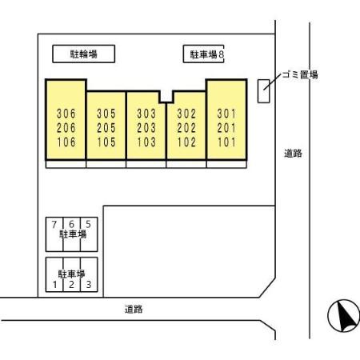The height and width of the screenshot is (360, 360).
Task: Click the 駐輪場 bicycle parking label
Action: [83, 54]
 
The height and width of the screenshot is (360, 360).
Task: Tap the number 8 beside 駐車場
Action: [221, 54]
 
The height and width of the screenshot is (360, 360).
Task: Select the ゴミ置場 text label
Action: [300, 75]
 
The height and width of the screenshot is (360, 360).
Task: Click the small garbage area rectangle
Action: [263, 91]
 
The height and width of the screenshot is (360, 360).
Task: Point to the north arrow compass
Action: [343, 315]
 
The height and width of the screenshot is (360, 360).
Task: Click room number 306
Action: [66, 114]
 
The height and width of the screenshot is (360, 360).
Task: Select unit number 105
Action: [106, 142]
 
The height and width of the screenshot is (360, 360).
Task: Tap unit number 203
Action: [146, 128]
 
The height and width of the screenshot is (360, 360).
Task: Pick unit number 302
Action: [186, 114]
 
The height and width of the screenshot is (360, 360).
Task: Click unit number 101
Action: [226, 142]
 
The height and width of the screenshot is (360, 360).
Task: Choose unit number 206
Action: [66, 128]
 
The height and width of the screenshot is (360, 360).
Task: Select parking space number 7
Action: [54, 225]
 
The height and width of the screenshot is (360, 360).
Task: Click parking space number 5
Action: [88, 224]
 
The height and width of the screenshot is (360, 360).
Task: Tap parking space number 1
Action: [55, 285]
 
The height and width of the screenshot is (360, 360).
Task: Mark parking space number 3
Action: [89, 285]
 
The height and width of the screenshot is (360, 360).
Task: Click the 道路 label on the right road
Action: [293, 154]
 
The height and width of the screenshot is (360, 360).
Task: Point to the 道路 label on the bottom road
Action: [134, 310]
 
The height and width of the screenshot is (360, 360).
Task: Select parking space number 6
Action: [71, 224]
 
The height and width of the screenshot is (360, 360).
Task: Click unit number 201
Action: [226, 128]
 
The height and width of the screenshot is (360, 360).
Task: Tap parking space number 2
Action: [71, 285]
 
